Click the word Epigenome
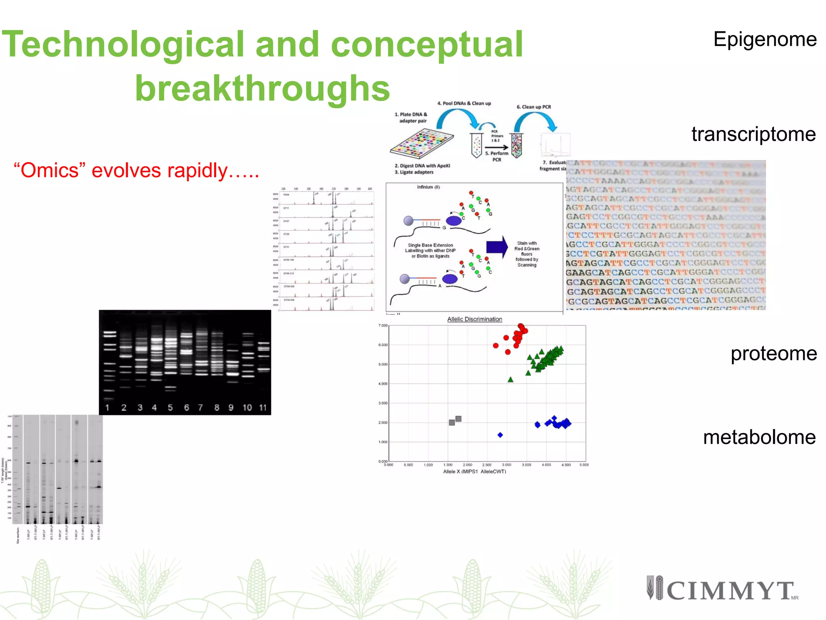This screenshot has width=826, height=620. [x=765, y=40]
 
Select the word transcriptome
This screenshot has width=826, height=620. [x=753, y=134]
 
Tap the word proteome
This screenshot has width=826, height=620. [x=773, y=354]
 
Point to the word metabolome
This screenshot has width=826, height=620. [x=759, y=437]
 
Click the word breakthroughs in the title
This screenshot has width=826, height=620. [x=262, y=89]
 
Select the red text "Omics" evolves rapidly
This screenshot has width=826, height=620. [x=136, y=170]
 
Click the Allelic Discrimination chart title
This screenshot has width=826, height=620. [x=474, y=319]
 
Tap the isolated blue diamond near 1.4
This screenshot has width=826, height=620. [x=500, y=435]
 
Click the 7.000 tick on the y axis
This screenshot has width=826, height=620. [x=383, y=325]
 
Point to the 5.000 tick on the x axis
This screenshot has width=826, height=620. [x=584, y=465]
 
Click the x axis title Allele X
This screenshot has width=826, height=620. [x=474, y=471]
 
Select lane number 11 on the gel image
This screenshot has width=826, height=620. [x=263, y=408]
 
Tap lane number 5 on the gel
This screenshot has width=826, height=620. [x=170, y=408]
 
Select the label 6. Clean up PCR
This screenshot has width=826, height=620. [x=534, y=107]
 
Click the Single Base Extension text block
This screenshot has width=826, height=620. [x=430, y=251]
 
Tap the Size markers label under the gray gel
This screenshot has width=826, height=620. [x=18, y=535]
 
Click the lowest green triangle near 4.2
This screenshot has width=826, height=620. [x=510, y=379]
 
